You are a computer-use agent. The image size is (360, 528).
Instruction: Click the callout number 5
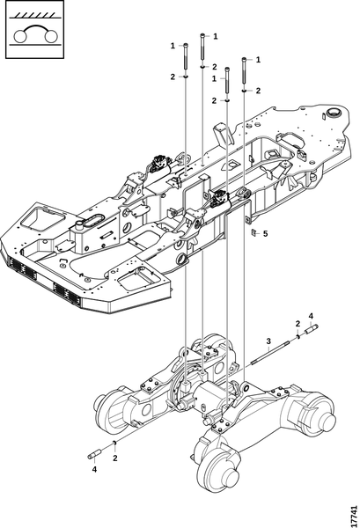click(265, 233)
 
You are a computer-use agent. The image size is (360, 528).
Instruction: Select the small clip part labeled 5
click(254, 232)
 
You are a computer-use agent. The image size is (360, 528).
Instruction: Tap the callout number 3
click(268, 341)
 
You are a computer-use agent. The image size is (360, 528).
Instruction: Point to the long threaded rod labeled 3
click(270, 353)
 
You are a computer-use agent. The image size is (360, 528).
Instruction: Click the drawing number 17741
click(353, 514)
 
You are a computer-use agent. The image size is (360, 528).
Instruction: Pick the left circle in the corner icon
click(20, 36)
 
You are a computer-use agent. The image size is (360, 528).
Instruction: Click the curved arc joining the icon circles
click(35, 27)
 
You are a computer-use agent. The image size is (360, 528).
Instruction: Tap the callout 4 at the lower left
click(94, 469)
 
